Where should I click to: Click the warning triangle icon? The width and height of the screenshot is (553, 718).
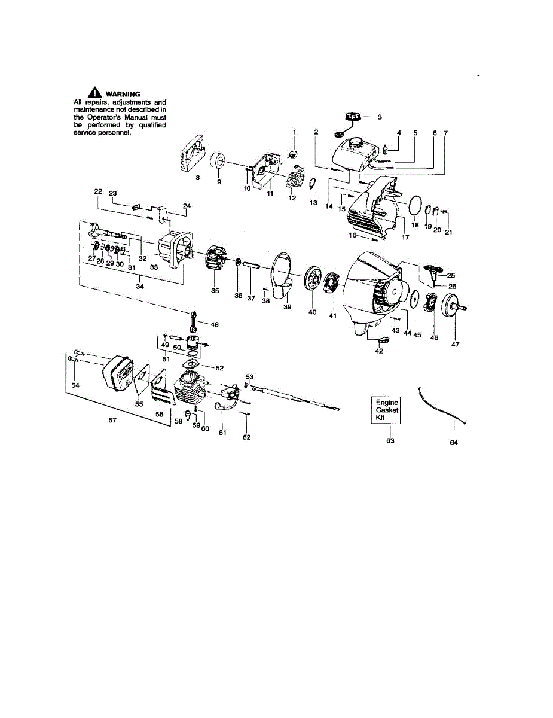coord(94,93)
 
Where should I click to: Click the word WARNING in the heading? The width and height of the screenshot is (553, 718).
coord(123,94)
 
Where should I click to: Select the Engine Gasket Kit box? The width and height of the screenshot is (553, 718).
coord(387,410)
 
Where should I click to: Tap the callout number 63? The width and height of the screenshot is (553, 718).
coord(390,441)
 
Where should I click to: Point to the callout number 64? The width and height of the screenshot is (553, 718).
coord(454,443)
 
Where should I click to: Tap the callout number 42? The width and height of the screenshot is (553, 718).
coord(379,351)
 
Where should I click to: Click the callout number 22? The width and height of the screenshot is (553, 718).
coord(99,191)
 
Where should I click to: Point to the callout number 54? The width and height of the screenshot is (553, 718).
coord(75,385)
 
